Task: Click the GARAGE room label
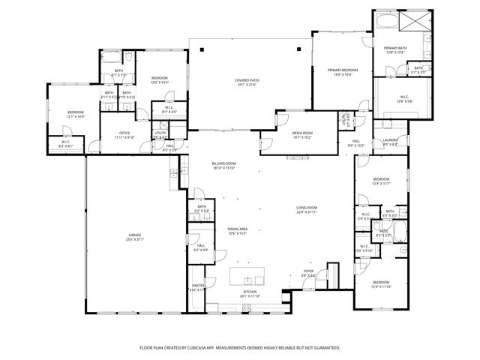pyautogui.click(x=135, y=235)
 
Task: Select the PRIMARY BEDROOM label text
pyautogui.click(x=342, y=70)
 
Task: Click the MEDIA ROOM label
pyautogui.click(x=302, y=133)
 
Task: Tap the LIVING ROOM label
pyautogui.click(x=307, y=208)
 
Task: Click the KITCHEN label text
pyautogui.click(x=250, y=292)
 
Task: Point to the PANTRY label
pyautogui.click(x=197, y=285)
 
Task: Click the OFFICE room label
pyautogui.click(x=104, y=133)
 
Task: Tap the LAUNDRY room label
pyautogui.click(x=389, y=139)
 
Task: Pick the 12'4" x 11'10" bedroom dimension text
pyautogui.click(x=382, y=286)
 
